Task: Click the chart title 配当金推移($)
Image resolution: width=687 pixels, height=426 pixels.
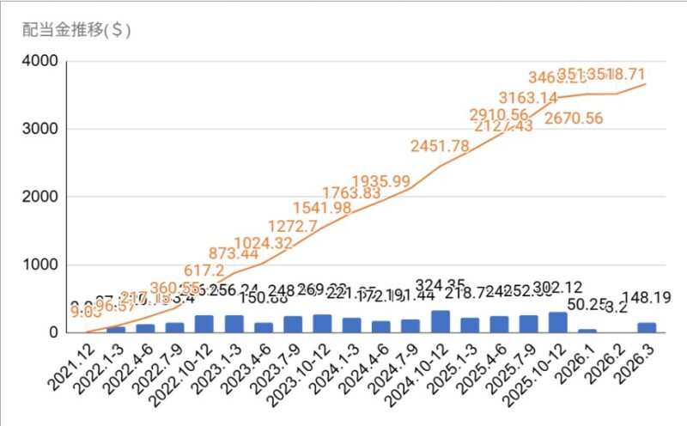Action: pyautogui.click(x=76, y=29)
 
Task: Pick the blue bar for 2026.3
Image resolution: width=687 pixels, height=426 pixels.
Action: pyautogui.click(x=648, y=328)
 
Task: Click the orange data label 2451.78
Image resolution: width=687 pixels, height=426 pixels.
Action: pyautogui.click(x=440, y=146)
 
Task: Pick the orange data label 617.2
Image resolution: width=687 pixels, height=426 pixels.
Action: pyautogui.click(x=204, y=270)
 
